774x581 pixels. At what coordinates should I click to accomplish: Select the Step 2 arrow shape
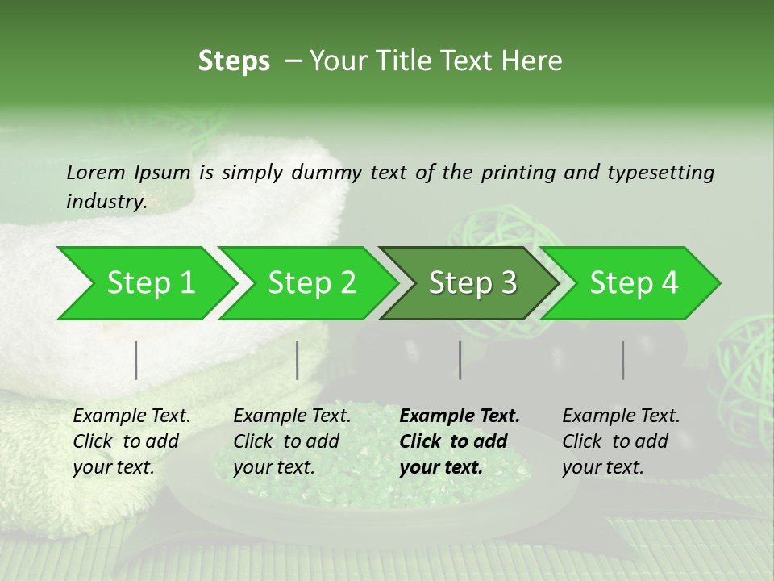311,283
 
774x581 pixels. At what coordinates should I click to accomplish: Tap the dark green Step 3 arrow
472,283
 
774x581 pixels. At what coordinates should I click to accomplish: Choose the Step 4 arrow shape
634,283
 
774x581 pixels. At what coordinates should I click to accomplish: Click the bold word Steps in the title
234,61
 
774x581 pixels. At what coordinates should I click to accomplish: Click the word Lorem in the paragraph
95,173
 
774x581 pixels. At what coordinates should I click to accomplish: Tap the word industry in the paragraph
106,202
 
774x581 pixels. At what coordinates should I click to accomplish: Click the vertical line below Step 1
136,360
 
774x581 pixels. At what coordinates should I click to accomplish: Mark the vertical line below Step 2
298,360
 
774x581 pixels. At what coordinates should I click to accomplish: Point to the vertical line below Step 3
460,360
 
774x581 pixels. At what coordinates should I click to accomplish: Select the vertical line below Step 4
623,360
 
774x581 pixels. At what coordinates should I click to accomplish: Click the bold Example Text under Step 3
460,416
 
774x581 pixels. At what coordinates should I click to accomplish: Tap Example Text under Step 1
131,416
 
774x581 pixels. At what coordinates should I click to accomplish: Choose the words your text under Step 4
603,468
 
